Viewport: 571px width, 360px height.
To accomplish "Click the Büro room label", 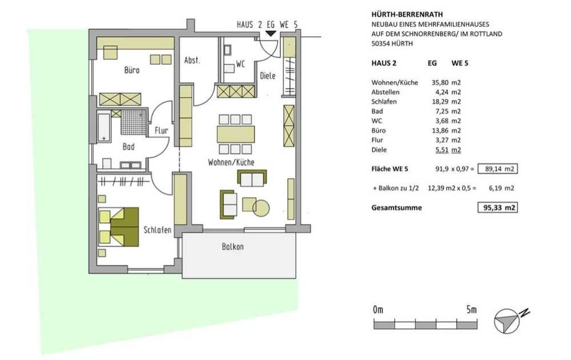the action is pyautogui.click(x=132, y=70).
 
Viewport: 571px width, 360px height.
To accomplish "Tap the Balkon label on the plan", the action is pyautogui.click(x=233, y=247).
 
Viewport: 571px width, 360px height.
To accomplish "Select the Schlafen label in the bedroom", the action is pyautogui.click(x=158, y=230).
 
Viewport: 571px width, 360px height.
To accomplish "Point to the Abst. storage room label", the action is pyautogui.click(x=192, y=60).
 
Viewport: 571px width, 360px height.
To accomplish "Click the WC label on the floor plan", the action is pyautogui.click(x=240, y=64).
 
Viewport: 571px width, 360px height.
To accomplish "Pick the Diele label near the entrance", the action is pyautogui.click(x=268, y=76).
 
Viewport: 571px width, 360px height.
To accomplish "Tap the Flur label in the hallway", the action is pyautogui.click(x=162, y=130).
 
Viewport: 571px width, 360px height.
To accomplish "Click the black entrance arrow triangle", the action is pyautogui.click(x=271, y=34).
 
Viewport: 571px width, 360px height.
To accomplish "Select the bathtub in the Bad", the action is pyautogui.click(x=104, y=128).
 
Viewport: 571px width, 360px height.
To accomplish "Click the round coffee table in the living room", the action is pyautogui.click(x=261, y=208).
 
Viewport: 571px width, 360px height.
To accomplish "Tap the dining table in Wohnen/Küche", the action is pyautogui.click(x=236, y=134).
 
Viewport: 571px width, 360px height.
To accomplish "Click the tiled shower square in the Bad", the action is pyautogui.click(x=134, y=122).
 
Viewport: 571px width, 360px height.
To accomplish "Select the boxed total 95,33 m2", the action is pyautogui.click(x=497, y=207).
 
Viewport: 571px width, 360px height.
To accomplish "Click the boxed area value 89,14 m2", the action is pyautogui.click(x=497, y=169).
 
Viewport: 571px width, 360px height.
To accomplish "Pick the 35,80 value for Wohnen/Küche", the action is pyautogui.click(x=440, y=83).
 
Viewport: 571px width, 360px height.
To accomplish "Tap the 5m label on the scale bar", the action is pyautogui.click(x=471, y=310).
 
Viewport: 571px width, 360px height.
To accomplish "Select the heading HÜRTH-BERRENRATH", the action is pyautogui.click(x=407, y=15).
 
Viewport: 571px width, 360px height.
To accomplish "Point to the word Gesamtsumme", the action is pyautogui.click(x=397, y=207).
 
